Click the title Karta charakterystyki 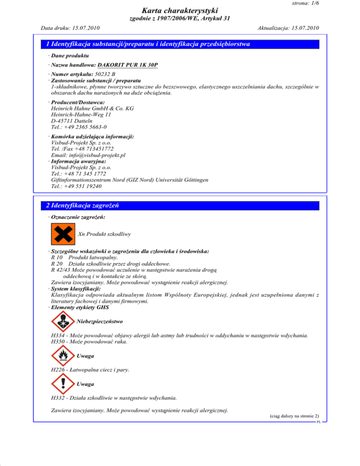180,10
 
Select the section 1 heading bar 180,45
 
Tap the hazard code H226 58,370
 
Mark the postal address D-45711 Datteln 71,120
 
